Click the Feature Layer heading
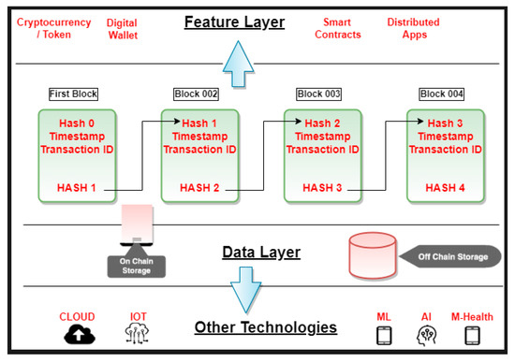point(233,21)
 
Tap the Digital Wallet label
point(122,28)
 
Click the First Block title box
point(73,94)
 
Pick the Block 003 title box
point(319,94)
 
